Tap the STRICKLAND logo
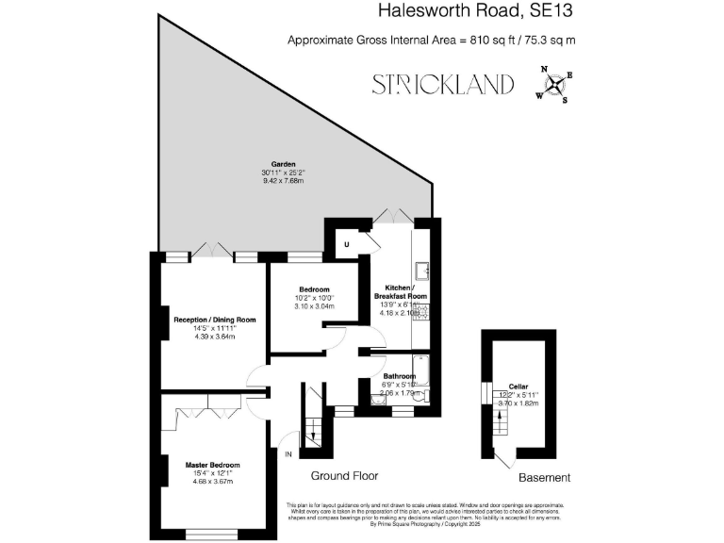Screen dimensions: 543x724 442,84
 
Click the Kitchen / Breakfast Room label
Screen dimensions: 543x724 406,291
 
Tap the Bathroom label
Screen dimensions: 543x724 399,376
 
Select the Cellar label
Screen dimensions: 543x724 518,386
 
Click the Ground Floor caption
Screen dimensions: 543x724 345,477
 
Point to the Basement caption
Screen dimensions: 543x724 545,478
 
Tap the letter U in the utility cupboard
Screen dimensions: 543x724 346,244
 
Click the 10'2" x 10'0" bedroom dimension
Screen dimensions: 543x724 314,298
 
